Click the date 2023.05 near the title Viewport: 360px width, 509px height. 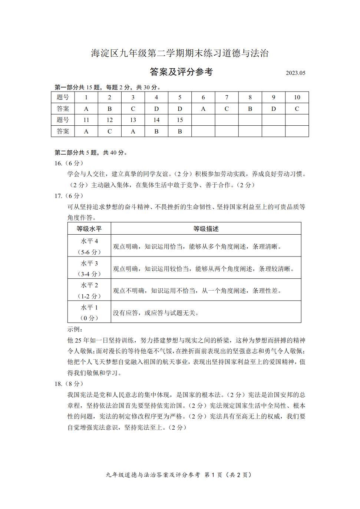[295, 73]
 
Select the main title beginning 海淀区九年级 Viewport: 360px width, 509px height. [180, 53]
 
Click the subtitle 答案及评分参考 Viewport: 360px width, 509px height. [181, 72]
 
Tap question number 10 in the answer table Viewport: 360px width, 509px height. [297, 97]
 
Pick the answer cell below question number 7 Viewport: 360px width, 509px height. [227, 109]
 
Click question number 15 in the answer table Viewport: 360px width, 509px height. [180, 120]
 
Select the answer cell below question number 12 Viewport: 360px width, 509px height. [109, 132]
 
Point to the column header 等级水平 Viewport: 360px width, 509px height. [89, 229]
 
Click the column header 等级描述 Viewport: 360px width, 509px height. [206, 229]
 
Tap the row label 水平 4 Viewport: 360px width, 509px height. [89, 241]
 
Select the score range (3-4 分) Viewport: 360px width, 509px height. [89, 274]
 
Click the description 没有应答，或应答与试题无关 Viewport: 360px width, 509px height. [156, 313]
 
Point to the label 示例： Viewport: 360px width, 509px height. [75, 329]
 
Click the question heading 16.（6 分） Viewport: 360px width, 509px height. [69, 163]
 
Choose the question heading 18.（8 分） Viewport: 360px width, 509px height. [69, 384]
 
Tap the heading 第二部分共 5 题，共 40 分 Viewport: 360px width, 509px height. [91, 152]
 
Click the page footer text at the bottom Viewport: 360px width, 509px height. [179, 475]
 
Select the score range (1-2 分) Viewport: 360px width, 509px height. [89, 296]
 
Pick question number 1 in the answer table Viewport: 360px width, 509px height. [86, 97]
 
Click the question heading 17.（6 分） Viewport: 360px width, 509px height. [69, 196]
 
